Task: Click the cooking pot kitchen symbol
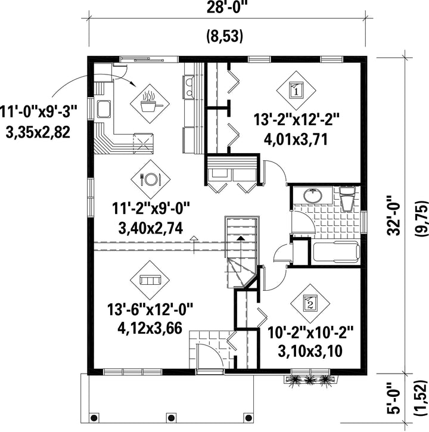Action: click(150, 104)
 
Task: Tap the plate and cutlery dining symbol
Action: click(150, 179)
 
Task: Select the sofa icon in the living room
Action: click(150, 281)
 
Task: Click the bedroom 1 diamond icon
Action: click(297, 91)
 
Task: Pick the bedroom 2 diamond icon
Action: click(310, 304)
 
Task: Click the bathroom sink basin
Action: click(313, 196)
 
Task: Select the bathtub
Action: click(336, 252)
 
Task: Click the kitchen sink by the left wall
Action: click(104, 109)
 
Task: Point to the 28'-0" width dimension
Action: click(226, 7)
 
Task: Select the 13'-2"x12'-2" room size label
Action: click(296, 120)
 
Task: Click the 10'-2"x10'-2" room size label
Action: click(310, 332)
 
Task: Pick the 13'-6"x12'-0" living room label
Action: click(150, 309)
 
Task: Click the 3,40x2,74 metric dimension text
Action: click(150, 228)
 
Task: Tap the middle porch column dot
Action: click(171, 417)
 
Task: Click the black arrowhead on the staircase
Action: click(241, 238)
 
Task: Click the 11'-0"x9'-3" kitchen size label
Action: click(38, 113)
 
